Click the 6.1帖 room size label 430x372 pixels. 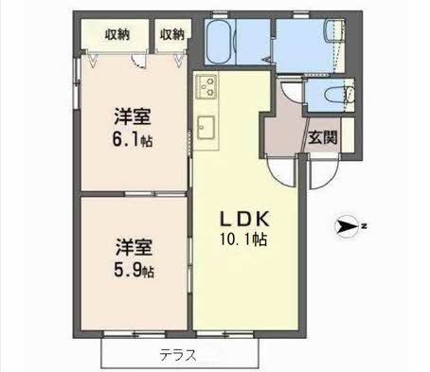(x=133, y=139)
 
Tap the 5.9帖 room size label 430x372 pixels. (x=134, y=271)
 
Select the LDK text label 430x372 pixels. (x=245, y=219)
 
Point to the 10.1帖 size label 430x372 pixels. (x=244, y=239)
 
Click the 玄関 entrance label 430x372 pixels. (x=323, y=137)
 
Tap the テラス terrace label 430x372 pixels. (x=178, y=355)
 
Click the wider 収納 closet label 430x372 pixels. (x=117, y=34)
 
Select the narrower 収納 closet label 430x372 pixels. (x=172, y=34)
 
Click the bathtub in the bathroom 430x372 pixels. (x=220, y=42)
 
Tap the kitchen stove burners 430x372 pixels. (x=206, y=87)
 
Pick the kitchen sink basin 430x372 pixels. (x=206, y=128)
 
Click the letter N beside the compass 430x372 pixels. (x=364, y=226)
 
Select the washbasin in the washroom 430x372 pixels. (x=335, y=30)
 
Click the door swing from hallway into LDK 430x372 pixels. (x=278, y=175)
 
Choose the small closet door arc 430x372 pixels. (x=139, y=62)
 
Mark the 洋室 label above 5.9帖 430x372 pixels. (x=134, y=248)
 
